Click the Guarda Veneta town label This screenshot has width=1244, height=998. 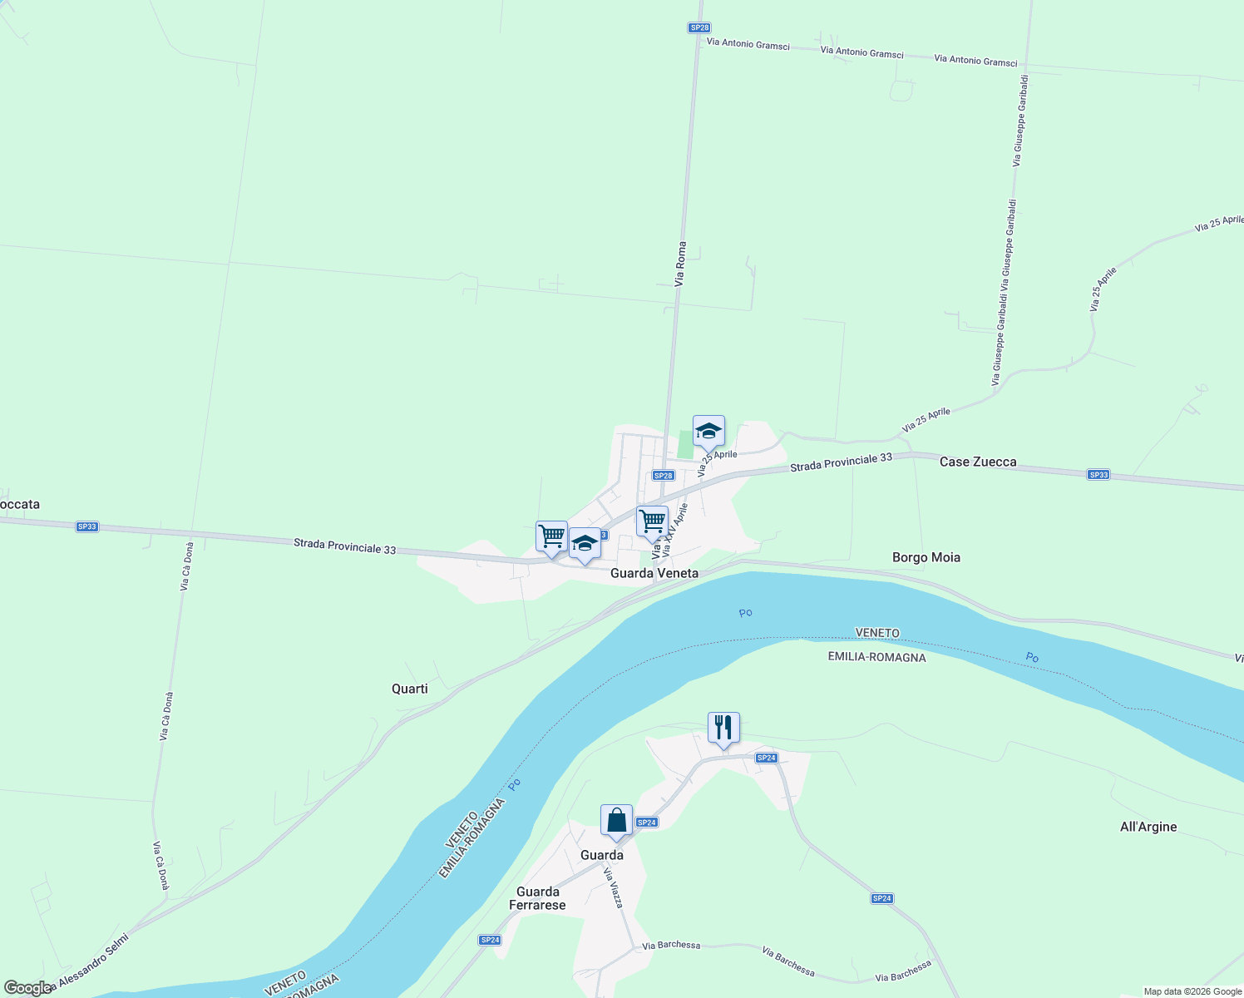coord(654,573)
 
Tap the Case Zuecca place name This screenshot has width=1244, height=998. coord(978,462)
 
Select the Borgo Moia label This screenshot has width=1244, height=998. coord(926,557)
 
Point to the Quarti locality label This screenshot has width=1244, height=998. coord(410,689)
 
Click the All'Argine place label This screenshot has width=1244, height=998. coord(1148,827)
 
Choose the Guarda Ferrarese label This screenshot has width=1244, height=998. coord(537,898)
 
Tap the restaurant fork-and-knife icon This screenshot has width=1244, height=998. coord(723,728)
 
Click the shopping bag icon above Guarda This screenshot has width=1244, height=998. coord(616,821)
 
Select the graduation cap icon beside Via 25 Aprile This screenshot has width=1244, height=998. coord(708,431)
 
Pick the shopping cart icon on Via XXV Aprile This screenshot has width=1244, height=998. coord(652,521)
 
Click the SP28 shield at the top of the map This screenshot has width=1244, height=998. coord(699,27)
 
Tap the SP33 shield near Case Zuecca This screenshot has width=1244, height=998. coord(1098,475)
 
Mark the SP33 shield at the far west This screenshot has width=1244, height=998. coord(86,526)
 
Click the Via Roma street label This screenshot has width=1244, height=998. coord(680,264)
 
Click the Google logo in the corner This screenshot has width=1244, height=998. coord(27,988)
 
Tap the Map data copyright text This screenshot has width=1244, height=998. coord(1192,991)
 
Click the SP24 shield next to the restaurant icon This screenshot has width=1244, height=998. coord(766,758)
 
